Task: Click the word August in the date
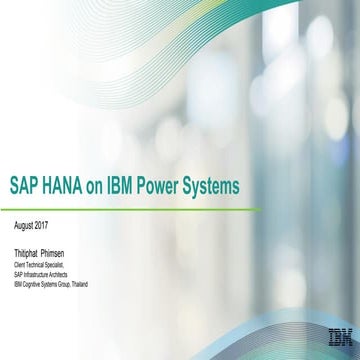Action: [22, 225]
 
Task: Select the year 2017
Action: [42, 225]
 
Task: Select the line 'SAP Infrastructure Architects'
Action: [39, 275]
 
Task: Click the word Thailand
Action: [79, 284]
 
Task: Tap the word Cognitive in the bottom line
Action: [31, 284]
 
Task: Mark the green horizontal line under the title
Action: [130, 209]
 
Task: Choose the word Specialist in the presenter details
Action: [51, 266]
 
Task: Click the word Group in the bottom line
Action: [63, 284]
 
